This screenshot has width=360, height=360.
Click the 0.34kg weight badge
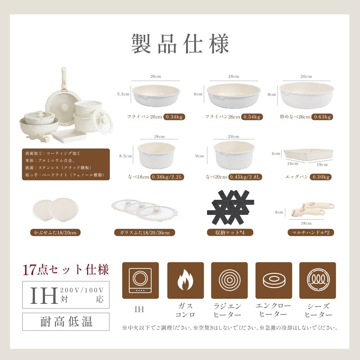coord(174,117)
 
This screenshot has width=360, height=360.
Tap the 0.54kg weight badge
coord(252,117)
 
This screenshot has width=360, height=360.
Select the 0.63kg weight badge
coord(322,117)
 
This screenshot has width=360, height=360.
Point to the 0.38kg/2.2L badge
coord(167,177)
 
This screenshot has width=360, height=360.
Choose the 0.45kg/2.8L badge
coord(245,177)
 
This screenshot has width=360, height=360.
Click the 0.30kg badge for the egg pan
coord(320,177)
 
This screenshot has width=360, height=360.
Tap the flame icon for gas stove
coord(185,280)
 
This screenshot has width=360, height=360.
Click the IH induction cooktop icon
coord(140,280)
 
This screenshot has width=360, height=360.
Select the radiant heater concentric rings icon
coord(229,280)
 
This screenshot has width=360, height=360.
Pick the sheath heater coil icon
coord(318,280)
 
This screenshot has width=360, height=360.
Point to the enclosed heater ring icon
coord(274,280)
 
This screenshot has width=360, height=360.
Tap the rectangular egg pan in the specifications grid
coord(309,155)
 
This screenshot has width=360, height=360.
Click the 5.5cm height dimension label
coord(123,94)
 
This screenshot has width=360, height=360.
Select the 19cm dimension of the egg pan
coord(322,165)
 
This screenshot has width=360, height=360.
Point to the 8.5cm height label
coord(125,156)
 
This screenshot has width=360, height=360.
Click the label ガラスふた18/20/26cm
coord(145,233)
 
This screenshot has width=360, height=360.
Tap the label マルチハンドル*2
coord(311,233)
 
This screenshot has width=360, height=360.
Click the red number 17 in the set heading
coord(29,270)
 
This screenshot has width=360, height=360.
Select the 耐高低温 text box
coord(66,321)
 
